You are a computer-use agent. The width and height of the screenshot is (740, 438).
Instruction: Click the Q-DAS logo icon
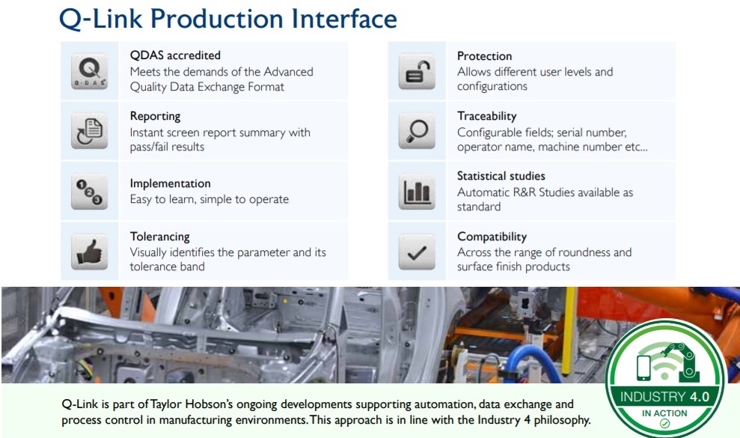point(89,71)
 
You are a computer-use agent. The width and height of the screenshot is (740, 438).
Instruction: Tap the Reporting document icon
point(89,131)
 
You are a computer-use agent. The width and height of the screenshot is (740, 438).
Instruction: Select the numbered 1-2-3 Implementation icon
point(89,192)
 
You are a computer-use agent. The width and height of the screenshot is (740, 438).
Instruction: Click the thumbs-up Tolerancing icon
point(89,252)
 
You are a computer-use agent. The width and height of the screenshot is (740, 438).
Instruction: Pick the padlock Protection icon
point(417,71)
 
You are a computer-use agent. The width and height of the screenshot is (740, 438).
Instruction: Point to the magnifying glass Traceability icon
point(417,131)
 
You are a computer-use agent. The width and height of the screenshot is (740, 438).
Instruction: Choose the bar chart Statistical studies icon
point(417,192)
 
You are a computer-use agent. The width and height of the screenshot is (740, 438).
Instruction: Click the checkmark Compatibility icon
point(417,252)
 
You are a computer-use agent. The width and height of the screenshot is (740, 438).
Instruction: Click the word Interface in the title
point(344,19)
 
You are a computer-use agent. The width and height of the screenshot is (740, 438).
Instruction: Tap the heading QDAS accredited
point(175,55)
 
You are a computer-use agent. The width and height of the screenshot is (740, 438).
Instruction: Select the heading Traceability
point(486,116)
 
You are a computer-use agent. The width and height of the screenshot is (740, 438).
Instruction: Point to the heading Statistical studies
point(501,176)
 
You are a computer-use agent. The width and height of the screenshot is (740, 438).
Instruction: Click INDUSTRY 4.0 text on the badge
point(664,397)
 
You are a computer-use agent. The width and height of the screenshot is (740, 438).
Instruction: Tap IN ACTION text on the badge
point(664,413)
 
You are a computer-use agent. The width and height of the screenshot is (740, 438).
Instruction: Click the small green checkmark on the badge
point(664,424)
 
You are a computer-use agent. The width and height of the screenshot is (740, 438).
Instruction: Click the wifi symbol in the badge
point(665,362)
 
